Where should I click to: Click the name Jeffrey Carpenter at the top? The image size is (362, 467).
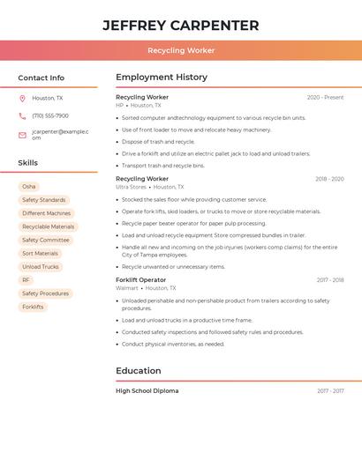click(x=181, y=26)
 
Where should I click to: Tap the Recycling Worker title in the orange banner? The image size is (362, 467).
click(x=181, y=51)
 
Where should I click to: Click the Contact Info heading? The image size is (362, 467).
click(x=41, y=78)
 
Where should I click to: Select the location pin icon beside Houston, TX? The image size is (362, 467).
click(x=22, y=99)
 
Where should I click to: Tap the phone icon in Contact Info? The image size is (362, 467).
click(x=22, y=116)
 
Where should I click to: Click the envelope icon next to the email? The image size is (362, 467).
click(x=22, y=135)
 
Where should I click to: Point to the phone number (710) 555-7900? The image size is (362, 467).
click(x=50, y=116)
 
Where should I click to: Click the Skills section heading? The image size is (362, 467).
click(x=28, y=163)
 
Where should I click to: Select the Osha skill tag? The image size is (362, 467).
click(x=29, y=187)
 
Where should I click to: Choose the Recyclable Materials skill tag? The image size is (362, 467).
click(x=49, y=226)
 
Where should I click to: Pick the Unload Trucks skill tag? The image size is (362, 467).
click(x=41, y=267)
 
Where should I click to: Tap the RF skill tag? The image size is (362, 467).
click(x=26, y=280)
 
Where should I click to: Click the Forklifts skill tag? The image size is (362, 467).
click(x=33, y=307)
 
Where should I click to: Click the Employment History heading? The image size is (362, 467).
click(x=162, y=78)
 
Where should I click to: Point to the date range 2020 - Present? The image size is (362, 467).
click(x=325, y=98)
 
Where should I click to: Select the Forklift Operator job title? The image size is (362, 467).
click(x=140, y=280)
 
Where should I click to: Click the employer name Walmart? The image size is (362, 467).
click(x=127, y=288)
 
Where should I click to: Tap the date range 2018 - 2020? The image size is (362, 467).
click(x=329, y=179)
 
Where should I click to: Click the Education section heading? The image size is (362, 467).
click(x=139, y=371)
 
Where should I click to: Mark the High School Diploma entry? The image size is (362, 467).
click(x=147, y=390)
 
